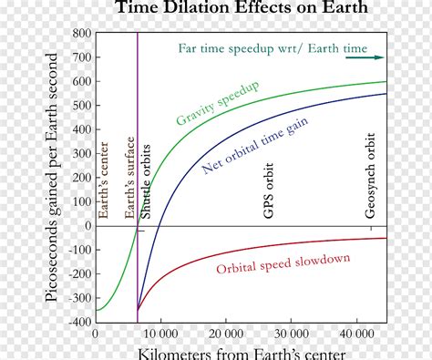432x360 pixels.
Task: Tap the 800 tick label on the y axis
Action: click(x=81, y=34)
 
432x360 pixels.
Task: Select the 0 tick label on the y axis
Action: click(x=87, y=226)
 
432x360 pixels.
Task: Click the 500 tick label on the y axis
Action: click(x=81, y=106)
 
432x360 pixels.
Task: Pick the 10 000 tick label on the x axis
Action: click(x=160, y=334)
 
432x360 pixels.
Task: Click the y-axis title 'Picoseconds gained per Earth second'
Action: click(x=54, y=178)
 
